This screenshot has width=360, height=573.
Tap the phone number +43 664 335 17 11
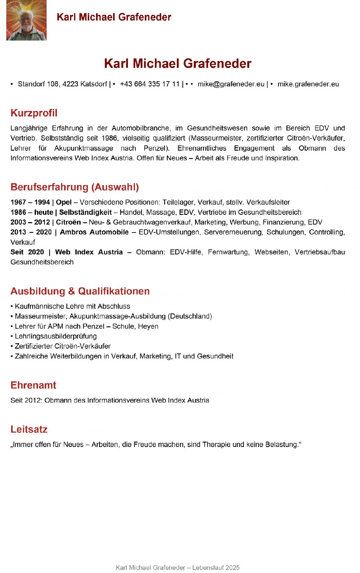tap(150, 84)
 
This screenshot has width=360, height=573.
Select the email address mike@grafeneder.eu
tap(231, 84)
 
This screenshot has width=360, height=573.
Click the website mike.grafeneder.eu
tap(308, 84)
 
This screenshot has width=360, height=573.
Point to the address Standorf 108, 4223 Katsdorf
tap(62, 84)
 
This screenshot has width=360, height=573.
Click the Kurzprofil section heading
tap(34, 113)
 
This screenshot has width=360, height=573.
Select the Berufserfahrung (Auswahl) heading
tap(75, 187)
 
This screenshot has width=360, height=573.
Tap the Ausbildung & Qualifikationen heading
tap(80, 291)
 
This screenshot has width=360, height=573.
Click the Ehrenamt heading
tap(33, 385)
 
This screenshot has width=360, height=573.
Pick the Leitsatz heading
tap(29, 429)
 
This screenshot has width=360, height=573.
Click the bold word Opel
tap(64, 202)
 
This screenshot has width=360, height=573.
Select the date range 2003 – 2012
tap(30, 222)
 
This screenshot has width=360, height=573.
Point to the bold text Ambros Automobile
tap(94, 232)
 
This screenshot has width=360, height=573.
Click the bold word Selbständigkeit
tap(85, 212)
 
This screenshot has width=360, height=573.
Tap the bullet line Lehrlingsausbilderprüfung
tap(55, 336)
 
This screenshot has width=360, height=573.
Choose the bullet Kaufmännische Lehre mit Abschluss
tap(72, 306)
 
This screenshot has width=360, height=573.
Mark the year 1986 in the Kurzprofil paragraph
tap(110, 138)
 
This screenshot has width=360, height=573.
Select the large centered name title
tap(178, 64)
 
